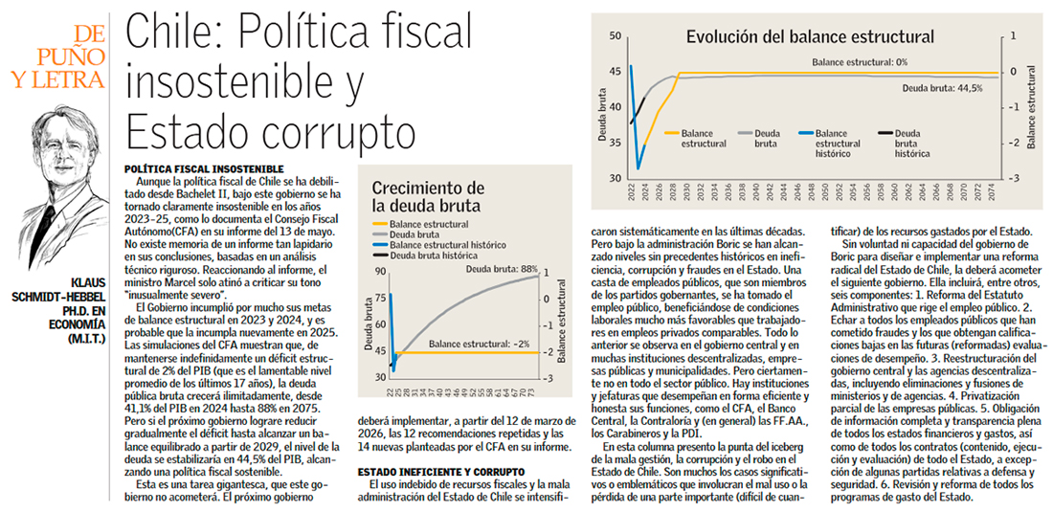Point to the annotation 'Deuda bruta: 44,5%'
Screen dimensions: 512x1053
tap(943, 87)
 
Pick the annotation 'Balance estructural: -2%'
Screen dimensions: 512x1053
tap(479, 343)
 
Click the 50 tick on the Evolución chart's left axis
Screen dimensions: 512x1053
tap(616, 36)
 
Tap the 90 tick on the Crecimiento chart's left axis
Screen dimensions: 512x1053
tap(380, 272)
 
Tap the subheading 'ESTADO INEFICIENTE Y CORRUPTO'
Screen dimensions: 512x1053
tap(441, 472)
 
